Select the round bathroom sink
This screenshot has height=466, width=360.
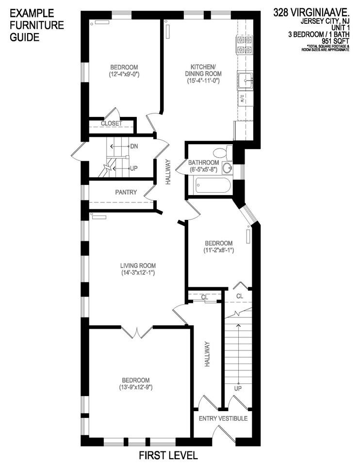click(227, 168)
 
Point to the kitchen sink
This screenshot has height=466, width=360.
click(245, 80)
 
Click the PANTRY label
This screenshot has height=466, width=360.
click(126, 192)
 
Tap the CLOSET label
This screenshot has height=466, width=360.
click(111, 124)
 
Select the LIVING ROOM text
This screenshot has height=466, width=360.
click(138, 266)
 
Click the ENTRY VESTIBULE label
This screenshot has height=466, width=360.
click(223, 418)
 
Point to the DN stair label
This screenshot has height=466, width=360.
click(134, 146)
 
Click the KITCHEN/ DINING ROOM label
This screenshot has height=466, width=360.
click(203, 70)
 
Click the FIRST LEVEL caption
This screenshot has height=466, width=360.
click(168, 456)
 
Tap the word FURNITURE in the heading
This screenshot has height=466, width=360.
click(37, 25)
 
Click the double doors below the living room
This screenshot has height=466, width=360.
click(138, 332)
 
